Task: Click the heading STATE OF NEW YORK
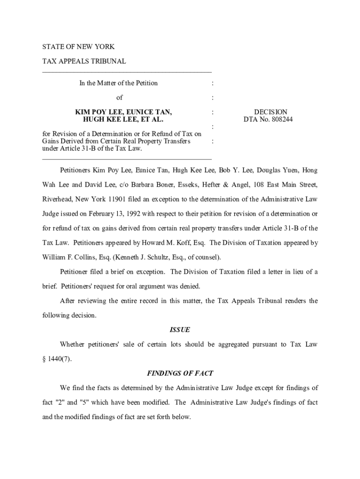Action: [x=78, y=47]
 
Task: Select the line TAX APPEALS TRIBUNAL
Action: [x=84, y=61]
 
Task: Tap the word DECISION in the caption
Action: [x=270, y=112]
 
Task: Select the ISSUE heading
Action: [x=180, y=330]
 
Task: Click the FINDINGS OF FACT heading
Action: [x=180, y=373]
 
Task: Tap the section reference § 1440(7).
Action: [x=58, y=359]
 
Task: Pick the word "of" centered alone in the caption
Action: [x=119, y=97]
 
